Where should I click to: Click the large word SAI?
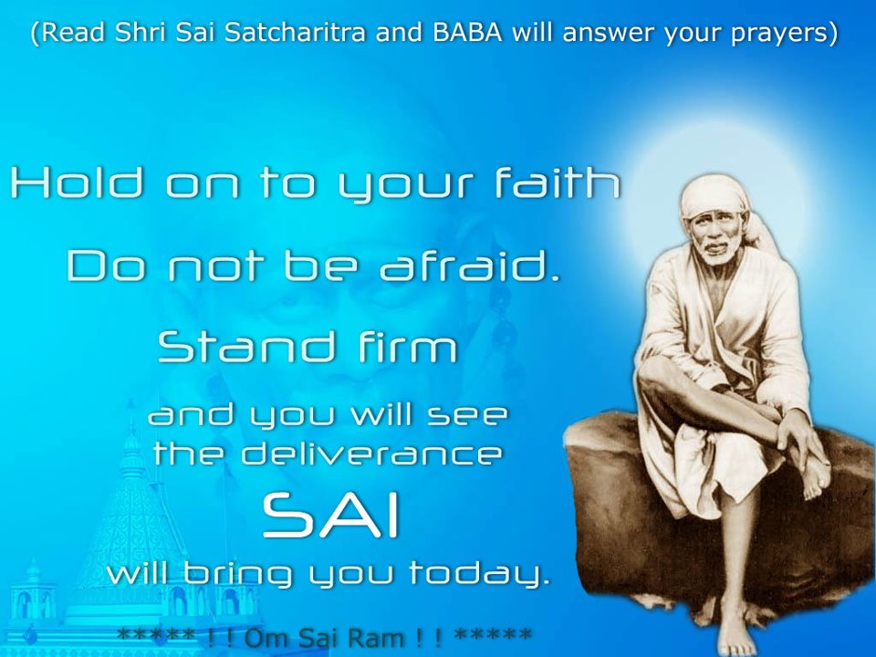(331, 517)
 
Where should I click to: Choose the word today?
(480, 574)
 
